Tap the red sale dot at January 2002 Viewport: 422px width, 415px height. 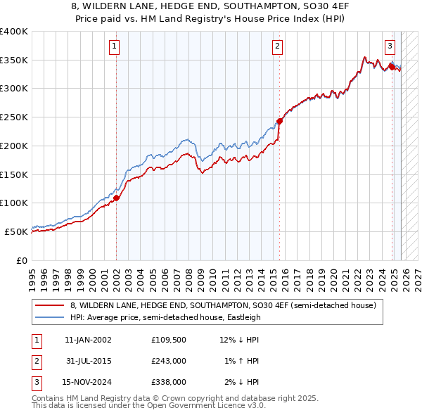[117, 198]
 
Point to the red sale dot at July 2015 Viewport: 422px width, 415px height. [279, 121]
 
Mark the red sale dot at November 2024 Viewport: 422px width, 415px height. [392, 67]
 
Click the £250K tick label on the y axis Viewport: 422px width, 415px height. [14, 117]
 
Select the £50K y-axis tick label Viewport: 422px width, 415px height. [17, 231]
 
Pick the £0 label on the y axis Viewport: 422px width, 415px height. [23, 260]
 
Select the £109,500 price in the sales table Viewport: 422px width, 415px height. [167, 340]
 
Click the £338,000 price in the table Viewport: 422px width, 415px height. [167, 382]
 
